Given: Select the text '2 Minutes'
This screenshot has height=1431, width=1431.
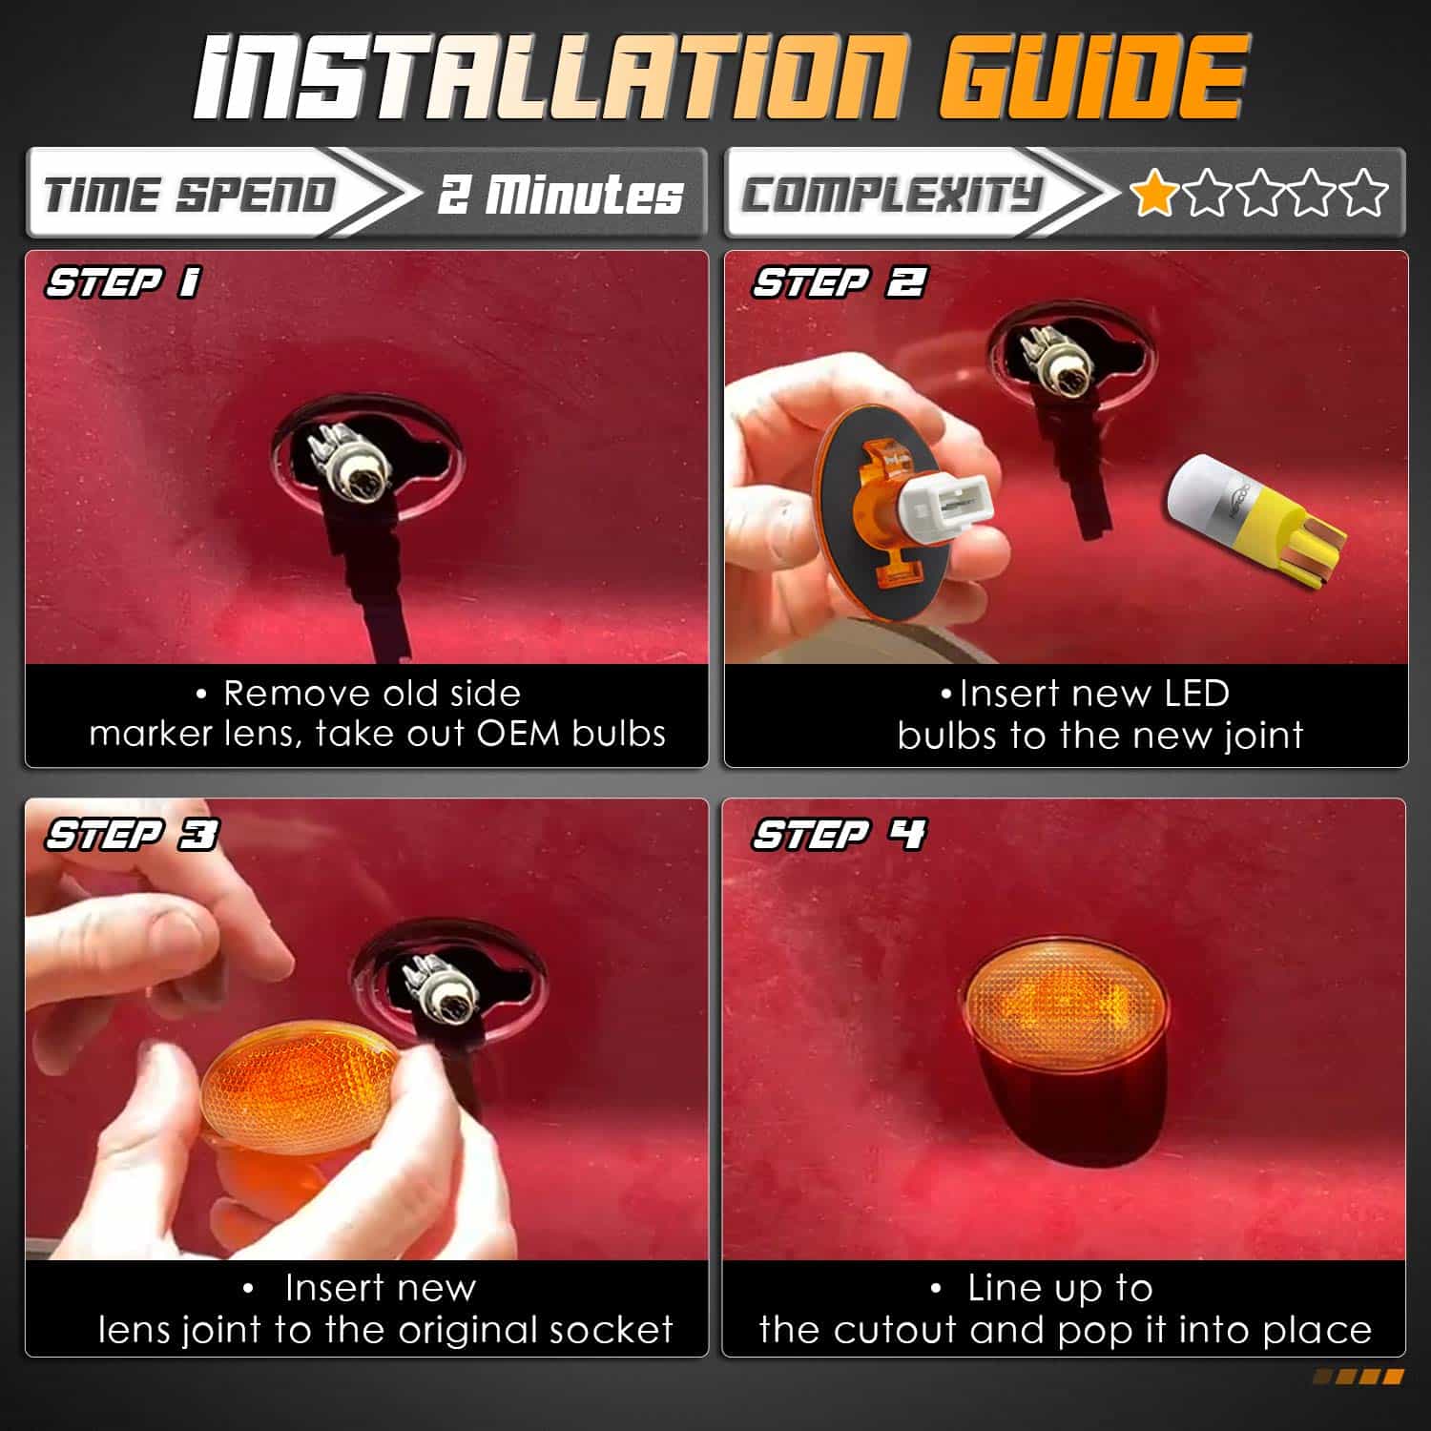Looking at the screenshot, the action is [561, 194].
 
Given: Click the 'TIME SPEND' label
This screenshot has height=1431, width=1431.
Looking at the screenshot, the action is [190, 195].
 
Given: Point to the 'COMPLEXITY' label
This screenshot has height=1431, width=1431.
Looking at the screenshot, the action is [891, 195].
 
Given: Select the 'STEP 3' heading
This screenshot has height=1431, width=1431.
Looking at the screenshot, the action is [132, 835].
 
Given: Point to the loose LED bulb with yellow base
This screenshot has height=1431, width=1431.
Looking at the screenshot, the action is [1255, 520].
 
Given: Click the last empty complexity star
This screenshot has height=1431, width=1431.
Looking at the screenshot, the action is [1364, 193].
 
